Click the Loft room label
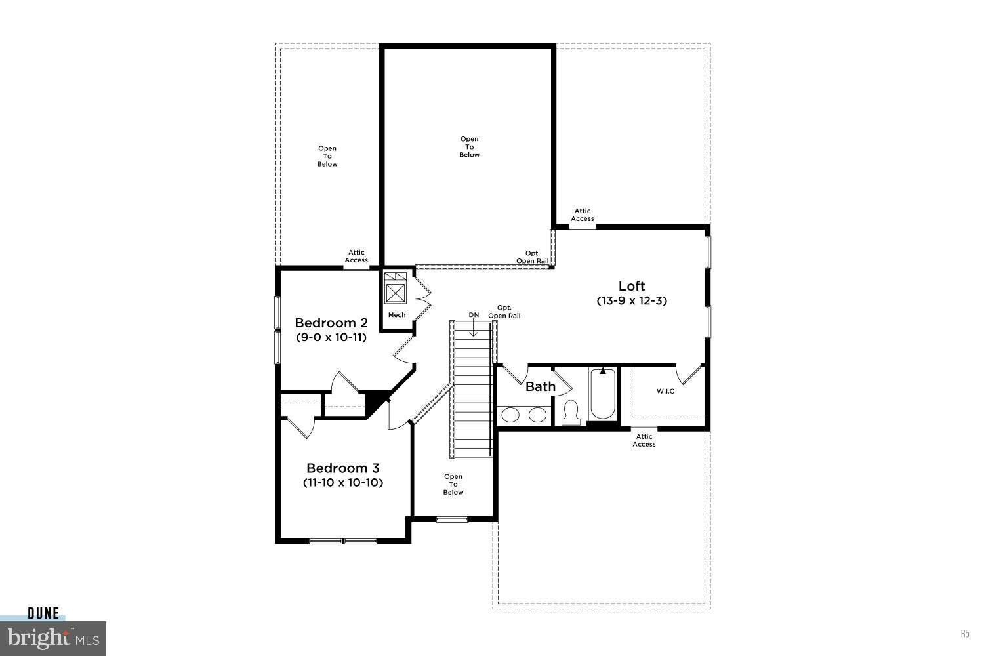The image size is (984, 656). click(x=632, y=286)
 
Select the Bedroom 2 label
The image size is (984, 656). click(x=331, y=323)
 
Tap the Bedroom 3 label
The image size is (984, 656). click(x=342, y=468)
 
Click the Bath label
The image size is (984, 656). click(x=541, y=386)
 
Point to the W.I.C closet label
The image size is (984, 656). click(x=665, y=392)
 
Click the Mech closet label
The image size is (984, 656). click(x=397, y=315)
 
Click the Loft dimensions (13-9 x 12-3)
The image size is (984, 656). click(x=632, y=301)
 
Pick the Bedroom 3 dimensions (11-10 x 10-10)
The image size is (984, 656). click(x=342, y=483)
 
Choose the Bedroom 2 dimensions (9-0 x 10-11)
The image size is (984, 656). click(x=331, y=338)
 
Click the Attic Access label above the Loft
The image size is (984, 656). click(x=583, y=215)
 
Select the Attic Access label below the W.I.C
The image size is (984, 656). click(x=644, y=440)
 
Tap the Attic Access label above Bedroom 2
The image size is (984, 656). click(x=356, y=256)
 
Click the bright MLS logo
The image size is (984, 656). click(x=52, y=638)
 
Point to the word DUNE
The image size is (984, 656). click(x=43, y=614)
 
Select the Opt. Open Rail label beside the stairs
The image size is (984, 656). click(x=504, y=312)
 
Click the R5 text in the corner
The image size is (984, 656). click(x=965, y=634)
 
